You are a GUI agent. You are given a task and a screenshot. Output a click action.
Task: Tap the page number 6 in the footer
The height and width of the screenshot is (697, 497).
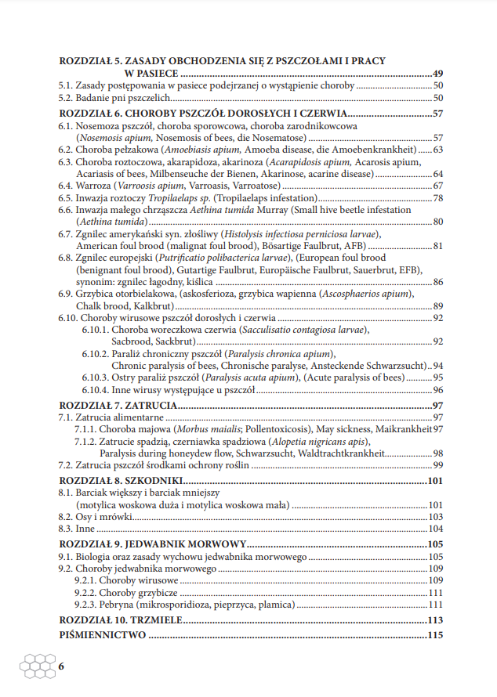pos(62,666)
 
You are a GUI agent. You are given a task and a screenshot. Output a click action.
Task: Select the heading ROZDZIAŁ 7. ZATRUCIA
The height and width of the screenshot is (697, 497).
pos(118,405)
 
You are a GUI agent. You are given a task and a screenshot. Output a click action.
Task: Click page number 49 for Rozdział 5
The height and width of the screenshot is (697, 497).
pos(438,73)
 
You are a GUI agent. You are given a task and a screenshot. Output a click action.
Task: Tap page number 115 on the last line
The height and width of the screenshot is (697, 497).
pos(437,635)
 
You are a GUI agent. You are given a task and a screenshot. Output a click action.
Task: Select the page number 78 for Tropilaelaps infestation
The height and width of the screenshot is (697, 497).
pos(439,198)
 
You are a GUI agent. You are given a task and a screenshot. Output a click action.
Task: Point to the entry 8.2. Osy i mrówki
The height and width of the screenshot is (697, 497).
pos(96,517)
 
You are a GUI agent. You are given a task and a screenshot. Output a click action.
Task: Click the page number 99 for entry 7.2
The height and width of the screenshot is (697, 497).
pos(439,465)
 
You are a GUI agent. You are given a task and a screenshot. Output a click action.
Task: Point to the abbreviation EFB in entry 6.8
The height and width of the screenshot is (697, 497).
pos(407,269)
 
